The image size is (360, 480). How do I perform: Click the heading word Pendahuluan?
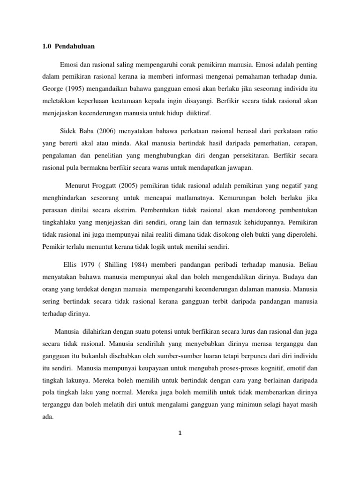[x=75, y=47]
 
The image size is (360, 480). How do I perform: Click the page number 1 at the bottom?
[x=180, y=433]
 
